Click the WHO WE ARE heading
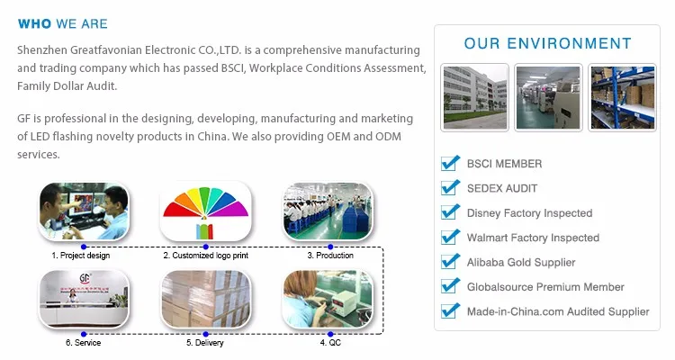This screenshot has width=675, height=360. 63,23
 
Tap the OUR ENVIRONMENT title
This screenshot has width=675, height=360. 547,43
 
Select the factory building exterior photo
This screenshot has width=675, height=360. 475,97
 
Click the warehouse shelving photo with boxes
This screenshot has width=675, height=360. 623,97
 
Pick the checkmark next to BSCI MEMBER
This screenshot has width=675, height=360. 450,163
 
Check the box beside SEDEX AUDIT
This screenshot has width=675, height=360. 450,188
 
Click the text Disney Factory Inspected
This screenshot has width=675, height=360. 529,213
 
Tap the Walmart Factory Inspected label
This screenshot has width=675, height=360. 533,238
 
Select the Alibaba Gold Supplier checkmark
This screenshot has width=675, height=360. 450,262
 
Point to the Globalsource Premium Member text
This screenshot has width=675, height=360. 545,287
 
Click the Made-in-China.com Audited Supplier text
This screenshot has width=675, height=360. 558,311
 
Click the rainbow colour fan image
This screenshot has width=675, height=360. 206,211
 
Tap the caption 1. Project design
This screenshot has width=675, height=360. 81,256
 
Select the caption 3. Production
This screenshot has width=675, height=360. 330,256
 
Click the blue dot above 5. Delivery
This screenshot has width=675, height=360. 206,334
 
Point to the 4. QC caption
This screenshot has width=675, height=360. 330,343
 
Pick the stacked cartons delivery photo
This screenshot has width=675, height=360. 206,299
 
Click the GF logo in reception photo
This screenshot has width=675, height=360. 85,279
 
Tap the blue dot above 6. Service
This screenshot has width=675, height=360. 84,334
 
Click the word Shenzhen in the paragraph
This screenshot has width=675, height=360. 42,50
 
